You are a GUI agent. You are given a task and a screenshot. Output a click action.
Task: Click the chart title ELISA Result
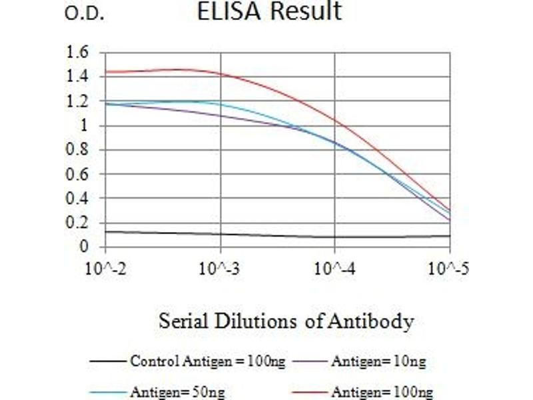click(x=269, y=12)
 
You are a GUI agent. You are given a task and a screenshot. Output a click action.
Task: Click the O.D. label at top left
click(x=84, y=15)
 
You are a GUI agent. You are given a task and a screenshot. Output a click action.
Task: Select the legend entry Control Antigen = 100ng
click(x=208, y=362)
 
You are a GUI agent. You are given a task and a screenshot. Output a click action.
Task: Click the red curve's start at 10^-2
click(x=105, y=71)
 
